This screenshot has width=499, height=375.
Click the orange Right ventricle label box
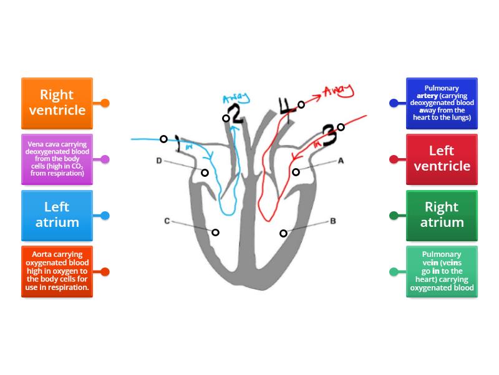(x=57, y=103)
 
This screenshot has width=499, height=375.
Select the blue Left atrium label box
(x=57, y=216)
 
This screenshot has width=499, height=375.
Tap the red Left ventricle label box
(x=442, y=159)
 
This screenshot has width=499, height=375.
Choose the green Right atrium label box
(x=442, y=216)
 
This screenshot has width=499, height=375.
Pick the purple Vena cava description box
(x=57, y=159)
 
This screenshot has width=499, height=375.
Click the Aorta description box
(x=57, y=272)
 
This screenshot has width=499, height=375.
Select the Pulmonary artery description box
(x=442, y=103)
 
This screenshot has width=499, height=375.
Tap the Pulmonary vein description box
(x=442, y=272)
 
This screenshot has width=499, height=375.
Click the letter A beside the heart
(x=341, y=161)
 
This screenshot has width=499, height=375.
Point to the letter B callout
(x=333, y=221)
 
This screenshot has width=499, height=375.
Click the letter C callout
(x=167, y=221)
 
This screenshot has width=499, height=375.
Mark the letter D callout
(x=159, y=161)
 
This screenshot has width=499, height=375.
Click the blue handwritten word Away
(x=236, y=99)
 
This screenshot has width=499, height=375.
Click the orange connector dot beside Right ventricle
(x=105, y=103)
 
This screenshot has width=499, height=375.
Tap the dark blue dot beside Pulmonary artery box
(x=394, y=103)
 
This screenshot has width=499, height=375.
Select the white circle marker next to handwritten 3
(x=341, y=127)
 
